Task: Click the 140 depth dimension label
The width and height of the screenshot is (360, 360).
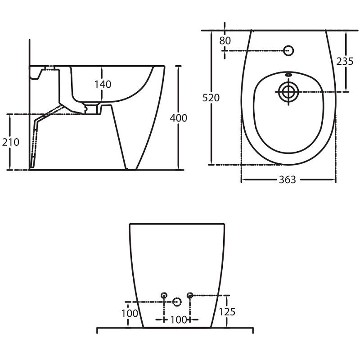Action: coord(103,84)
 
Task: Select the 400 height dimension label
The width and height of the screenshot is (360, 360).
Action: coord(178,118)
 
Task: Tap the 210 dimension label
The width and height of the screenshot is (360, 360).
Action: coord(10,142)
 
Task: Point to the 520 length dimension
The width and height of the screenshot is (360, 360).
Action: coord(211,98)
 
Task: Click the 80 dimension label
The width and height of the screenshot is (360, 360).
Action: coord(225,40)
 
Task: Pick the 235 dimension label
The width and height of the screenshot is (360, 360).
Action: coord(345,61)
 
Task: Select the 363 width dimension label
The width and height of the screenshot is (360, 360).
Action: coord(288,180)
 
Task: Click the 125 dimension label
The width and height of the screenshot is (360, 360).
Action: coord(227,312)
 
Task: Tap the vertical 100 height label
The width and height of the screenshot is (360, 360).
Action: coord(130,313)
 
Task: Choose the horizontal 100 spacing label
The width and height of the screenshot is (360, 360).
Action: coord(178,319)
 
